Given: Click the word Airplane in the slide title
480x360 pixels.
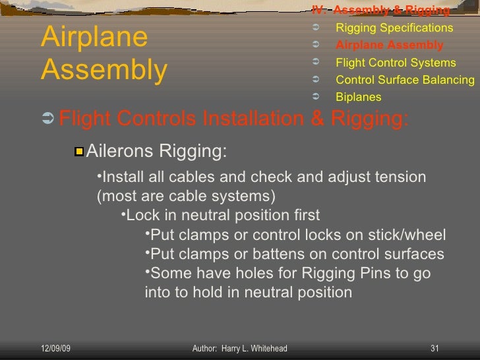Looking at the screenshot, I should point(94,38).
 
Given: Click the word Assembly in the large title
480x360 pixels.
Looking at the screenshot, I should point(104,70).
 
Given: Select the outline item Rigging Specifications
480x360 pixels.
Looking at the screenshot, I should point(394,28).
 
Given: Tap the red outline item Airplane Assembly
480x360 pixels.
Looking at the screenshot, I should point(389,45).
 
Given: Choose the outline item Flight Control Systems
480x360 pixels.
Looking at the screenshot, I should point(396,63).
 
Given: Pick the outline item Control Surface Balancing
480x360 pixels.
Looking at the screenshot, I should point(405,80).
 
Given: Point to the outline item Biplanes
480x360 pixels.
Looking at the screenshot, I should point(358,98).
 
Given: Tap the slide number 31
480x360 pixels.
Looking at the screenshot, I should point(435,348).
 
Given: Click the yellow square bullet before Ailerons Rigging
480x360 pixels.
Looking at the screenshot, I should point(79,152).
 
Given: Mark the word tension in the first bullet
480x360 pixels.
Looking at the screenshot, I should point(399,177).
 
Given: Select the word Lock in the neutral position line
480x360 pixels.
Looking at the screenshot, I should point(141,216).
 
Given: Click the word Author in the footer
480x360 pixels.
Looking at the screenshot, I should point(205,348).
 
